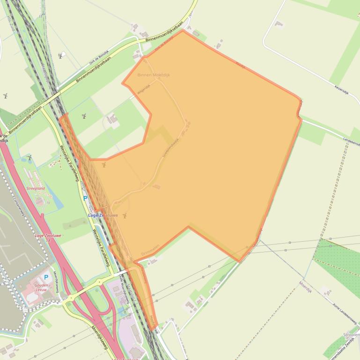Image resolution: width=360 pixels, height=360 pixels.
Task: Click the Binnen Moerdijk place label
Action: point(154,75)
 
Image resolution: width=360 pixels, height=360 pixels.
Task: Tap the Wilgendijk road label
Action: point(143,89)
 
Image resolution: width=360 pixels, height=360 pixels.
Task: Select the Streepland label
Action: point(36,188)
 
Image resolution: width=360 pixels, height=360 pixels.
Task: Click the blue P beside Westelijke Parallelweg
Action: point(85,198)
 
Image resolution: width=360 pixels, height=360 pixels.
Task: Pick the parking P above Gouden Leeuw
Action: point(46,277)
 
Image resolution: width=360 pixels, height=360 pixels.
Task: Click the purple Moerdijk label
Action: point(305,287)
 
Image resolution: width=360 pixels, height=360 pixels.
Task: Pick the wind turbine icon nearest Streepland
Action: point(29,158)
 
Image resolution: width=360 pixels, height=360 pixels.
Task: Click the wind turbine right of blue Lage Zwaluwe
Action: point(125,216)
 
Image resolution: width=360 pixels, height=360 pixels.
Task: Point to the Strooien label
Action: point(351,335)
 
